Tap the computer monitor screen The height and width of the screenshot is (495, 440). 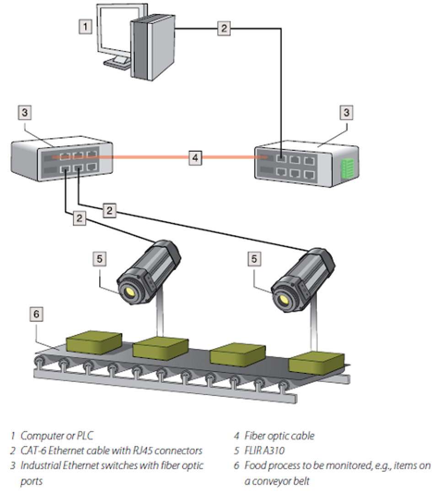click(x=114, y=32)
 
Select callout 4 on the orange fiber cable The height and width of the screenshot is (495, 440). click(x=195, y=158)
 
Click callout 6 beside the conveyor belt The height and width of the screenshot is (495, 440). click(x=37, y=314)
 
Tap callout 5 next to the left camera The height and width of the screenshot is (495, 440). click(x=100, y=258)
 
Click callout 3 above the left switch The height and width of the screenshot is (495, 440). click(x=25, y=112)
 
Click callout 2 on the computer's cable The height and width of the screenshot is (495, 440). click(x=223, y=28)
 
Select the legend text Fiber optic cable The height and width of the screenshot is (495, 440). click(x=279, y=435)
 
